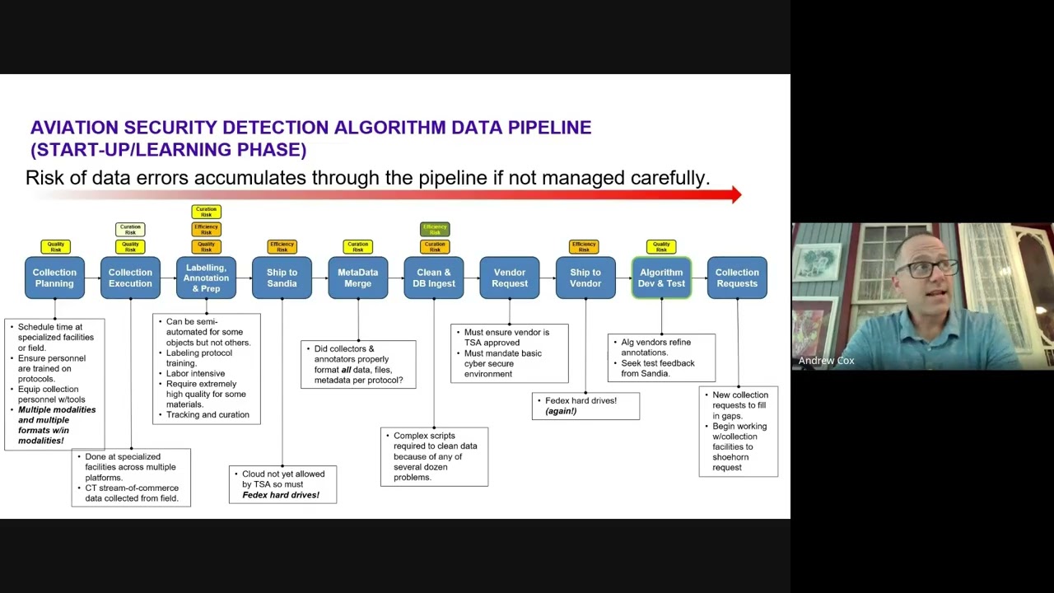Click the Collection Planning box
[54, 278]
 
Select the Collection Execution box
[130, 278]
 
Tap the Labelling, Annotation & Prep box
[206, 278]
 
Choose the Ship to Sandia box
[282, 278]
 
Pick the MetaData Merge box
[357, 278]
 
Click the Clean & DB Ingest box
[434, 278]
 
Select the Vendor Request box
[510, 278]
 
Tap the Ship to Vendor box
[585, 278]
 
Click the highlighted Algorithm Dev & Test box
[661, 278]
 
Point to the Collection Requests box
[737, 278]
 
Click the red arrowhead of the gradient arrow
[735, 195]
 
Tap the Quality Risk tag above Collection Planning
[55, 246]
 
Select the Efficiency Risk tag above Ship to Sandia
[282, 246]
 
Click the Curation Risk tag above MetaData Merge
[357, 246]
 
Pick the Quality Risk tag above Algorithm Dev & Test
[661, 246]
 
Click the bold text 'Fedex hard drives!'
[281, 495]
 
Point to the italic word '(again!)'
[561, 411]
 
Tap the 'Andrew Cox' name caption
[826, 361]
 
